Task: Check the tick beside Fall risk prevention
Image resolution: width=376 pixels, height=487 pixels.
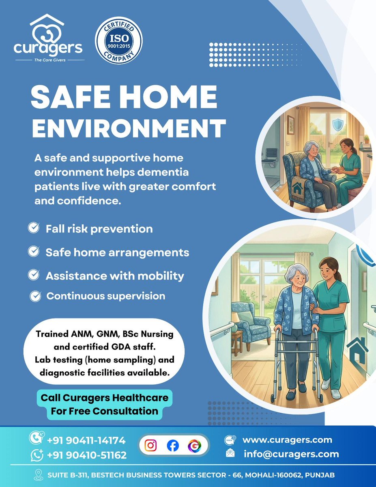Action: [x=33, y=228]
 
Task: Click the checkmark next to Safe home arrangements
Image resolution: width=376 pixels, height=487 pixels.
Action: [x=33, y=252]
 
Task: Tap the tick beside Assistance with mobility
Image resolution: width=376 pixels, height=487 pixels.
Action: [x=33, y=276]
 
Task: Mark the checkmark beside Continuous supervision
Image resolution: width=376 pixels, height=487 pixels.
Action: [x=36, y=296]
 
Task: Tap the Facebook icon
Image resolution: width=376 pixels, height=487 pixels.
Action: [x=173, y=446]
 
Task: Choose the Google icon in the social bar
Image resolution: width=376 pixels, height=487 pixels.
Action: [x=193, y=446]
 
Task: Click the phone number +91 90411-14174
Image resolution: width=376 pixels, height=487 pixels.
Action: [x=86, y=440]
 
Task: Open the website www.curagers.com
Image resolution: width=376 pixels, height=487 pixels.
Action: [x=287, y=440]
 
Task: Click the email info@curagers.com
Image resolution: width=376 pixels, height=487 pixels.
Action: [x=291, y=454]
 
